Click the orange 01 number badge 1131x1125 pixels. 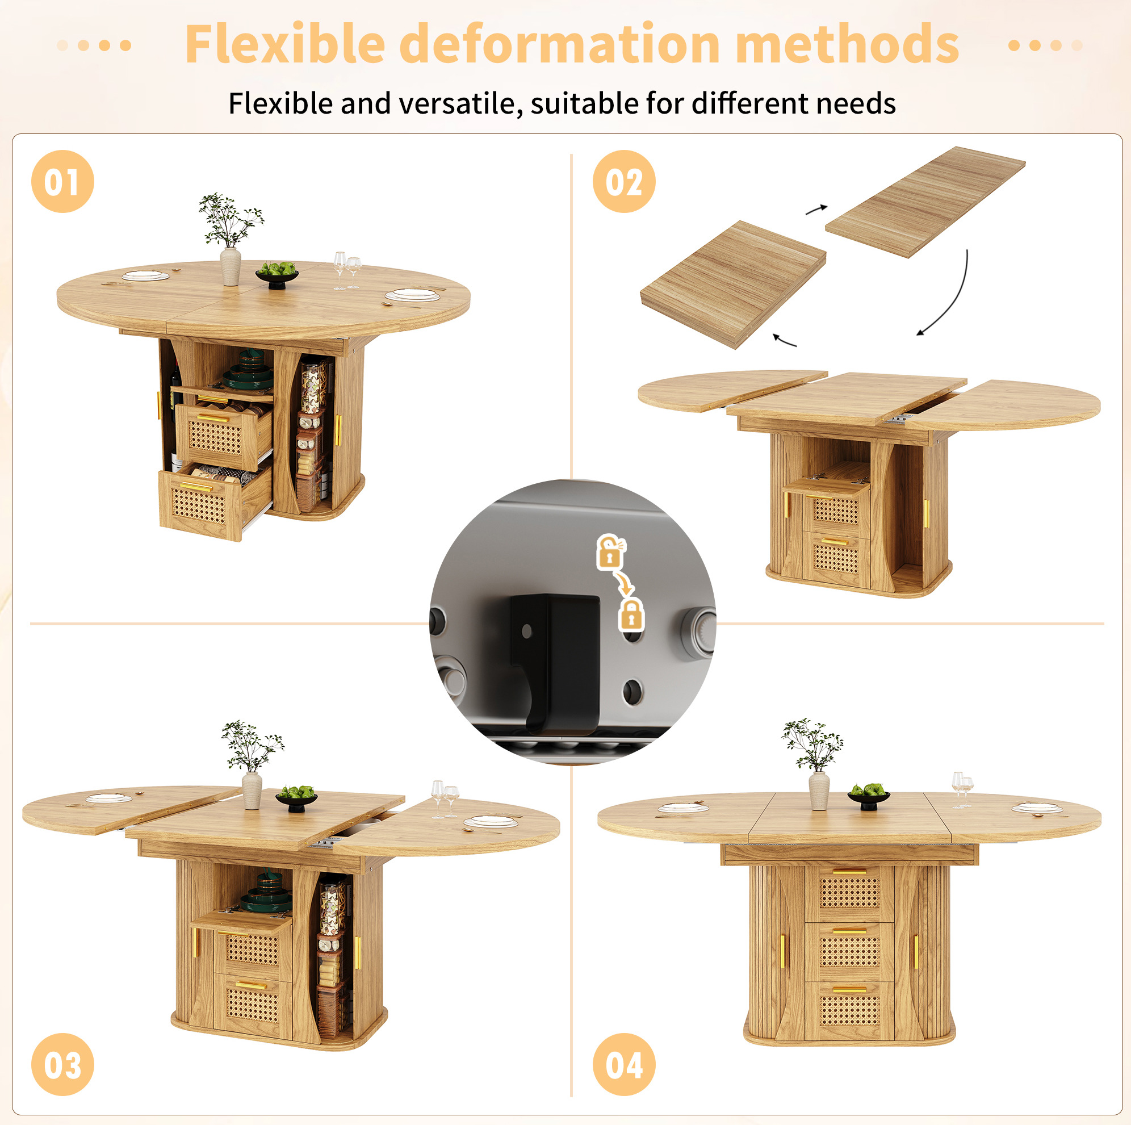(62, 182)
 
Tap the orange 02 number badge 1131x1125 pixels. (624, 182)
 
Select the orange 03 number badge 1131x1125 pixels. (62, 1064)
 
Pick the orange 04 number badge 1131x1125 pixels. (624, 1064)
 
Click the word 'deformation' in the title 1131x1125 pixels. (560, 44)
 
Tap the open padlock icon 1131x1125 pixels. (610, 551)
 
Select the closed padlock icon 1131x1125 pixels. (631, 614)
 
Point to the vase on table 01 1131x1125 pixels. (230, 266)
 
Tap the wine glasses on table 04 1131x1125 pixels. (962, 789)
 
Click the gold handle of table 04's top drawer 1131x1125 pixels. (849, 871)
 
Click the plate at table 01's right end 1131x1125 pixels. (412, 295)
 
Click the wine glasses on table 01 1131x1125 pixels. (346, 270)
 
